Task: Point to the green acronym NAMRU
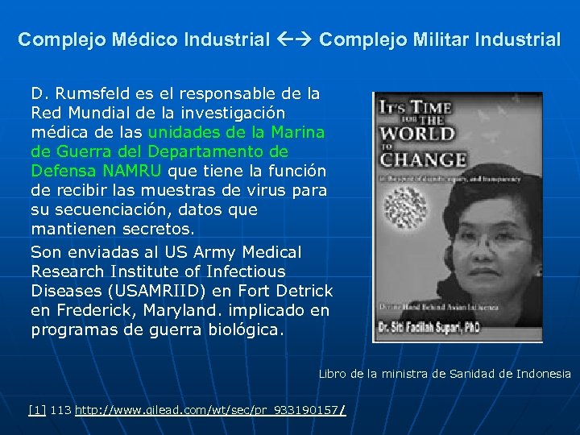click(132, 171)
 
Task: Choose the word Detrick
click(306, 291)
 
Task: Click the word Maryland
click(186, 310)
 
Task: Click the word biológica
click(241, 329)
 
